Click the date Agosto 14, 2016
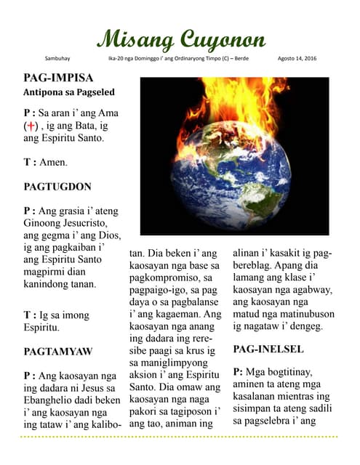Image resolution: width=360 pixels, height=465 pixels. coord(297,57)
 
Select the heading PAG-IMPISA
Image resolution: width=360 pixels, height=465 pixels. coord(58,77)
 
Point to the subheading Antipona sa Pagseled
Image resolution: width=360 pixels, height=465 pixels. coord(69,92)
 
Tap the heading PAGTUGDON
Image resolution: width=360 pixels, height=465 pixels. coord(58,186)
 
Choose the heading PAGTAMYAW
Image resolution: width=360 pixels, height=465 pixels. coord(58,352)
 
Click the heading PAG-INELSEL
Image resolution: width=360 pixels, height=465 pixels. coord(268,349)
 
